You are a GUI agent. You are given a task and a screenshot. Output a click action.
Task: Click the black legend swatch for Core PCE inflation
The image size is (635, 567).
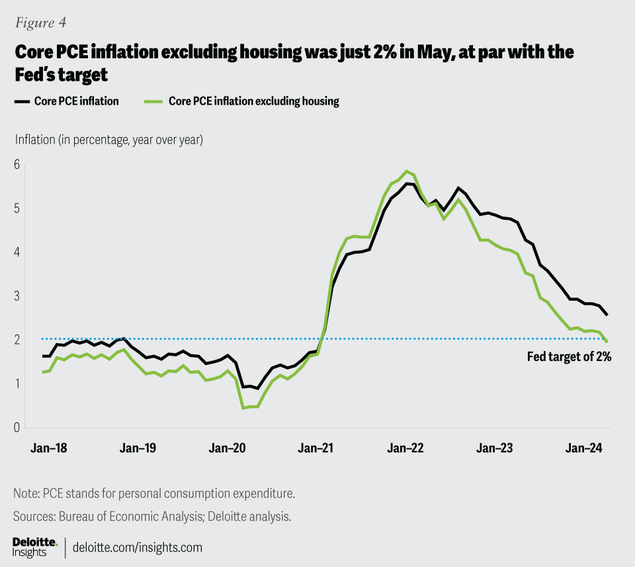click(x=22, y=101)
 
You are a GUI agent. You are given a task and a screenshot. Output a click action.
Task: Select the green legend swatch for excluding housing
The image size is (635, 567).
click(x=152, y=101)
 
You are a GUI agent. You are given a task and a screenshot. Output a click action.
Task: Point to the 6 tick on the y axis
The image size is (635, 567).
click(x=17, y=164)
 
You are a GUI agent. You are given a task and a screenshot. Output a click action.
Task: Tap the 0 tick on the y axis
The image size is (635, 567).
click(x=17, y=427)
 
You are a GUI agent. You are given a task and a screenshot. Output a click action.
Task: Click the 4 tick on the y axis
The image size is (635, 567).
click(x=17, y=252)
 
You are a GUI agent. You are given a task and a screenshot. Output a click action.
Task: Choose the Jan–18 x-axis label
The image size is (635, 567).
click(x=49, y=448)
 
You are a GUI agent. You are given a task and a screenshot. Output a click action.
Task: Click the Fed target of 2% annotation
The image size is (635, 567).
click(x=569, y=356)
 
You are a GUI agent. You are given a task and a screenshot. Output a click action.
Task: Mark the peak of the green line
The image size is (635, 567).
click(x=407, y=171)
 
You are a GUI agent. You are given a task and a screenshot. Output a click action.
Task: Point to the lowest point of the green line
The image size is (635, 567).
click(x=243, y=408)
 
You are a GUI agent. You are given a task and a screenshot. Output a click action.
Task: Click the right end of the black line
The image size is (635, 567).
click(x=607, y=315)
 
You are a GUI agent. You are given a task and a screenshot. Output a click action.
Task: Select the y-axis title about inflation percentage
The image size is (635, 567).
click(x=108, y=140)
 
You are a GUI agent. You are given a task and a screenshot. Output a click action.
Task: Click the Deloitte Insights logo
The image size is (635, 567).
click(x=35, y=547)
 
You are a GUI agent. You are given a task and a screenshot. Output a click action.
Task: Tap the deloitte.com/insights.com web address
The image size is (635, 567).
click(x=138, y=548)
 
